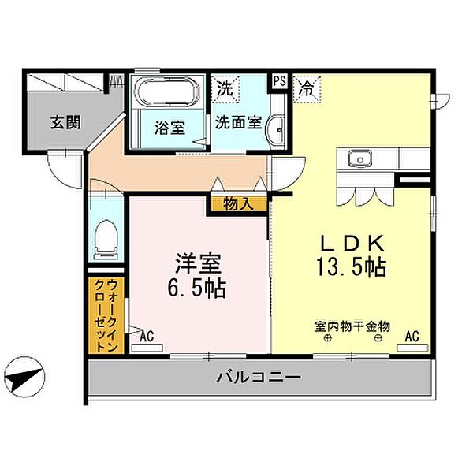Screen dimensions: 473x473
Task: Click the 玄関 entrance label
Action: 65,123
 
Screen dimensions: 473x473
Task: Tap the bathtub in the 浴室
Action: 167,91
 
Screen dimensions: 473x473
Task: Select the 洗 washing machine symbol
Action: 225,89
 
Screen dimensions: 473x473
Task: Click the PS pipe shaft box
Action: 280,81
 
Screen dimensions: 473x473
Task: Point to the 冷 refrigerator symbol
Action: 307,89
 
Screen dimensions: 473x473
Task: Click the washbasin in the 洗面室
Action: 275,131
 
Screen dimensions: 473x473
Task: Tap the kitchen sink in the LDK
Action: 360,158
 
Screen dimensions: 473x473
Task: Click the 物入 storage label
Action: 238,204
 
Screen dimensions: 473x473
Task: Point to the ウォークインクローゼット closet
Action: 106,315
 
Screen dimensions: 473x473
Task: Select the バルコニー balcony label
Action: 259,377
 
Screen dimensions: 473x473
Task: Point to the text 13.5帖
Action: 351,267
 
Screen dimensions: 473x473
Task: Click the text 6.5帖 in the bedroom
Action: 196,288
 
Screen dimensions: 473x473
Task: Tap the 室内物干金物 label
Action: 352,326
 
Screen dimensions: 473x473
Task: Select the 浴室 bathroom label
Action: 169,128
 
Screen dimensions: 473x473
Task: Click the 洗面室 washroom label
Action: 238,123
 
